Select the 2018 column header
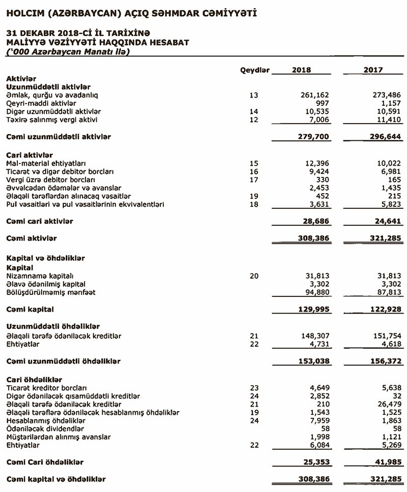pos(301,70)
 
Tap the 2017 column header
pos(373,70)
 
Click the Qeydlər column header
pos(254,70)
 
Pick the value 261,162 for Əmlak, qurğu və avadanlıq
pos(315,95)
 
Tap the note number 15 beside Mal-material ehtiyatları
pos(254,163)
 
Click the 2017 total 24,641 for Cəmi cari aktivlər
pos(387,222)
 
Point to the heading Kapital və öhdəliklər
pos(45,258)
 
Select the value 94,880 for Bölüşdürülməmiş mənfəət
pos(317,292)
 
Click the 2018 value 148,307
pos(315,336)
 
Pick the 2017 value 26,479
pos(387,404)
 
